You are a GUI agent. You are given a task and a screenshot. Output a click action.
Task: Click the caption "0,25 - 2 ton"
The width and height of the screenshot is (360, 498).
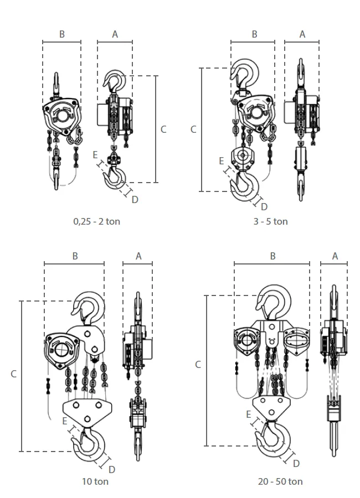pyautogui.click(x=97, y=221)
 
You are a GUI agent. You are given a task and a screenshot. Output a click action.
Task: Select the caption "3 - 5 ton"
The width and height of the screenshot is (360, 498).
pyautogui.click(x=270, y=221)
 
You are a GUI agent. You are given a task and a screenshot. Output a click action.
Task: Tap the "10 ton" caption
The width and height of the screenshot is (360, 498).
pyautogui.click(x=95, y=481)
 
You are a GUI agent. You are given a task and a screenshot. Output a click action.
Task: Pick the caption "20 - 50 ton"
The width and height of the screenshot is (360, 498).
pyautogui.click(x=280, y=481)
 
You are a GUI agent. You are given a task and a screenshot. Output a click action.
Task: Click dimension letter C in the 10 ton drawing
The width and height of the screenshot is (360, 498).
pyautogui.click(x=14, y=374)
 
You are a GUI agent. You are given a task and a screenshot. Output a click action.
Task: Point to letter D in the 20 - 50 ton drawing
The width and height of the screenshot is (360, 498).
pyautogui.click(x=296, y=463)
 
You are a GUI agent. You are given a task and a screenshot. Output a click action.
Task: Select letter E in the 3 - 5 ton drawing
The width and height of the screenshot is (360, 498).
pyautogui.click(x=222, y=161)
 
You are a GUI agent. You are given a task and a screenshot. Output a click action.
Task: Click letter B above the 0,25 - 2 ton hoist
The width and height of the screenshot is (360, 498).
pyautogui.click(x=62, y=34)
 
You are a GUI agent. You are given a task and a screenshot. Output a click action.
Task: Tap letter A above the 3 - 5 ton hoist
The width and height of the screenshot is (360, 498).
pyautogui.click(x=302, y=34)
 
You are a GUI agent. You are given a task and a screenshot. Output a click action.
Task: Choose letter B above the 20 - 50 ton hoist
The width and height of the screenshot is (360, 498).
pyautogui.click(x=272, y=256)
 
